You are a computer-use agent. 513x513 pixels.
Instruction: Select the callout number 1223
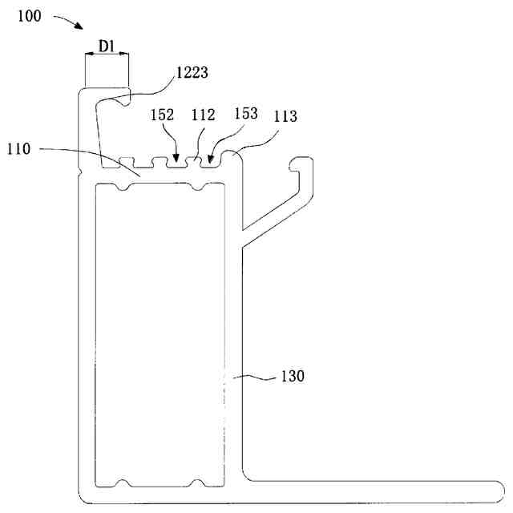pyautogui.click(x=193, y=73)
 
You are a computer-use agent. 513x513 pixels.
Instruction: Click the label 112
pyautogui.click(x=203, y=115)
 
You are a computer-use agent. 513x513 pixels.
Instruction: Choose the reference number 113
pyautogui.click(x=285, y=117)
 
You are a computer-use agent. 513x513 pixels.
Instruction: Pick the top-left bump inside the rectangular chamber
pyautogui.click(x=122, y=189)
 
